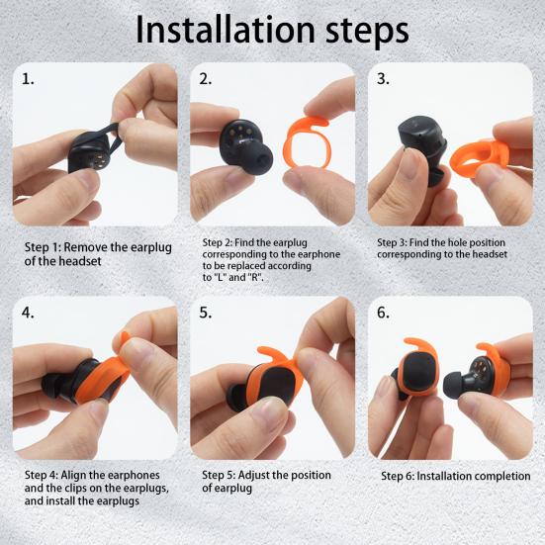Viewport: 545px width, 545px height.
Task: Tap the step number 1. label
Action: pos(29,79)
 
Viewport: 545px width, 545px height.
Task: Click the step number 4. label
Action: pos(29,313)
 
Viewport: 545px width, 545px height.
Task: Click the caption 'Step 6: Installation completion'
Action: pos(455,476)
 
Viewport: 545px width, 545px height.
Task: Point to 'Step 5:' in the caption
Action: pos(222,475)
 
